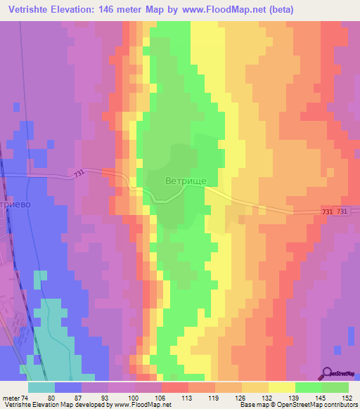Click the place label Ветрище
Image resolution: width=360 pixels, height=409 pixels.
tap(186, 181)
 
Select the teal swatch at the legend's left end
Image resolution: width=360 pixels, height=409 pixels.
tap(41, 387)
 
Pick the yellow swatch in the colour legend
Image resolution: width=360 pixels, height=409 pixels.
tap(282, 387)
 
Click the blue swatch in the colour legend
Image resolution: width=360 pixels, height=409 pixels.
tap(68, 387)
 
